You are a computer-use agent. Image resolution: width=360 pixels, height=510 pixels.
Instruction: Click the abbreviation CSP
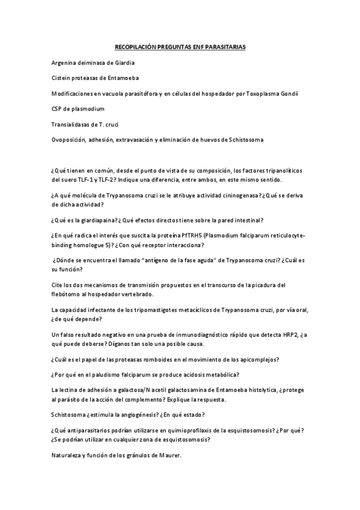58,109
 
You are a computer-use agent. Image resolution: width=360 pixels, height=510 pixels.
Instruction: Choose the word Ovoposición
70,140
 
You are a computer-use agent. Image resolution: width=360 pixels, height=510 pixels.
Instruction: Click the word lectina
73,390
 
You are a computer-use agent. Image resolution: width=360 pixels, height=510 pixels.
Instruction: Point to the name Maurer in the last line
167,455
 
